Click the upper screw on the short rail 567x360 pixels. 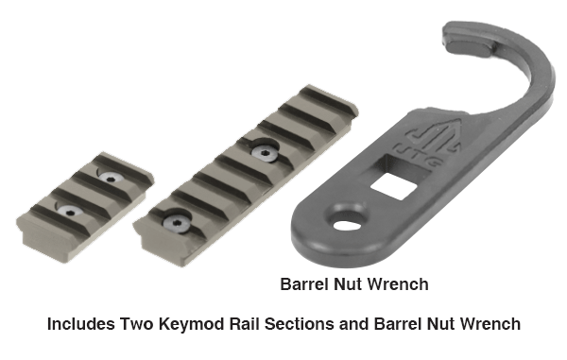(109, 177)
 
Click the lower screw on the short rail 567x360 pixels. (69, 211)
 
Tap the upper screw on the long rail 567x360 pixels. (265, 153)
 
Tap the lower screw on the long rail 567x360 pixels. (176, 223)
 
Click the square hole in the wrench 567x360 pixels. (394, 185)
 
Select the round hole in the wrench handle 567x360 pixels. (347, 226)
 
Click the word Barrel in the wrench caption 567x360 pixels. (304, 284)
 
